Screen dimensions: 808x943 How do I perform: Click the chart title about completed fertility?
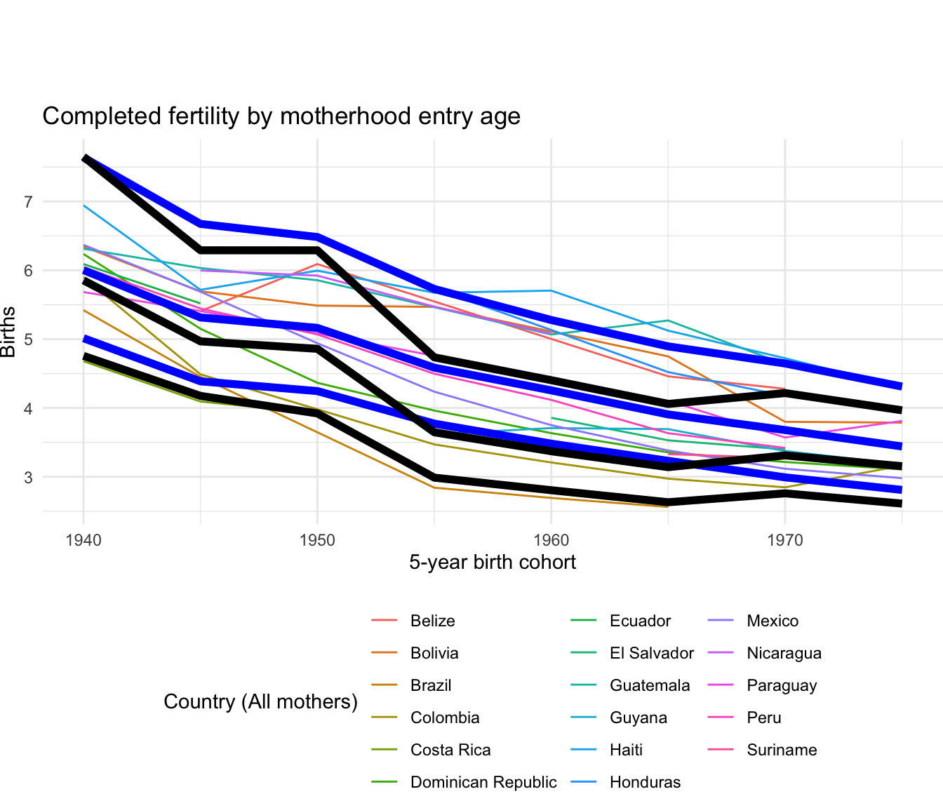281,116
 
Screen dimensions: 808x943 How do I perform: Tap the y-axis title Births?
8,332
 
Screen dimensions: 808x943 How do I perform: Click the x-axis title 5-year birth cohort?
493,562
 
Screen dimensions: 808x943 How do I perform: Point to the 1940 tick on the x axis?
83,540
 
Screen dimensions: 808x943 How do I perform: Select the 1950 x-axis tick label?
317,540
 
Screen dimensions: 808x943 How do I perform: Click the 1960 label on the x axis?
551,540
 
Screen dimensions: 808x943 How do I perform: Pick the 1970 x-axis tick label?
784,540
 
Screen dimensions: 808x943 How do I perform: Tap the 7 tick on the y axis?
28,202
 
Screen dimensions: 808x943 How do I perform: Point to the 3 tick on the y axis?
28,478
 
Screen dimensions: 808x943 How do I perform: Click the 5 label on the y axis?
28,339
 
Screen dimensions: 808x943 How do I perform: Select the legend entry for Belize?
432,621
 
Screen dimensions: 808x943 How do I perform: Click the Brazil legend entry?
431,685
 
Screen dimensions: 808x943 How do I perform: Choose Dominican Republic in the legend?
483,782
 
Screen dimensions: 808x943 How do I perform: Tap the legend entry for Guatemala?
650,685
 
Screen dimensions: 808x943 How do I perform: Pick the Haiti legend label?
626,750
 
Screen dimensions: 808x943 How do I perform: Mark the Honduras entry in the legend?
645,782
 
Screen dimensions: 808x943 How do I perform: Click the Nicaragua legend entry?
784,653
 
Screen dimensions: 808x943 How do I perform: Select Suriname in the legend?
782,750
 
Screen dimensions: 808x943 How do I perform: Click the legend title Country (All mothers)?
260,701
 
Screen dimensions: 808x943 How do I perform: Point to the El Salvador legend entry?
652,653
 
